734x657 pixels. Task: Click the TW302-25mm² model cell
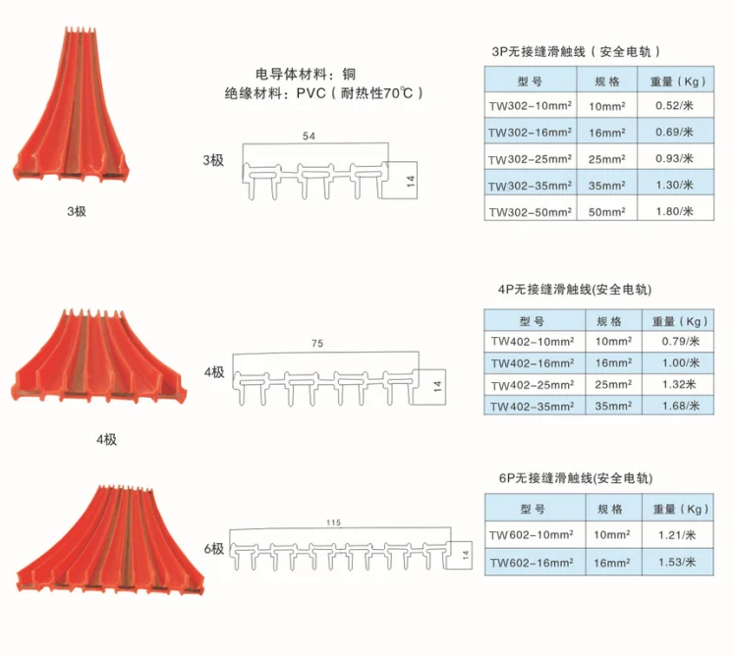tap(530, 159)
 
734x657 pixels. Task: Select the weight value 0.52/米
tap(674, 106)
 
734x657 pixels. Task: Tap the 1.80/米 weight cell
tap(674, 211)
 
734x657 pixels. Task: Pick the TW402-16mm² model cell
tap(533, 363)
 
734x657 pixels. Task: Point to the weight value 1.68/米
tap(681, 406)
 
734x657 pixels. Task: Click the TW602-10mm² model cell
tap(532, 535)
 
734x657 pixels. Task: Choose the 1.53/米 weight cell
tap(677, 562)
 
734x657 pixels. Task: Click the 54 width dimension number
tap(309, 137)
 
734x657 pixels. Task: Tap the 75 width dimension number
tap(317, 344)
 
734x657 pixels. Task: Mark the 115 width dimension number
tap(334, 522)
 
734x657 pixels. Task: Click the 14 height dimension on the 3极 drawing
tap(411, 181)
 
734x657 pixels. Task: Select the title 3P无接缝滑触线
tap(538, 51)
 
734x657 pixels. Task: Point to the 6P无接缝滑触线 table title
tap(545, 478)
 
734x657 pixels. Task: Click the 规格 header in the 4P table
tap(609, 321)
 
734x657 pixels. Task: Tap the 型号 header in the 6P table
tap(533, 509)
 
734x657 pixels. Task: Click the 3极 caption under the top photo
tap(77, 211)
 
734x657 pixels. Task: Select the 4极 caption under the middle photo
tap(107, 440)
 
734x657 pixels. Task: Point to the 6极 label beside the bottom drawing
tap(214, 549)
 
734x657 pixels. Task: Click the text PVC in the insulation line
tap(311, 93)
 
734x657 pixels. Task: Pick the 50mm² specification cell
tap(606, 212)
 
